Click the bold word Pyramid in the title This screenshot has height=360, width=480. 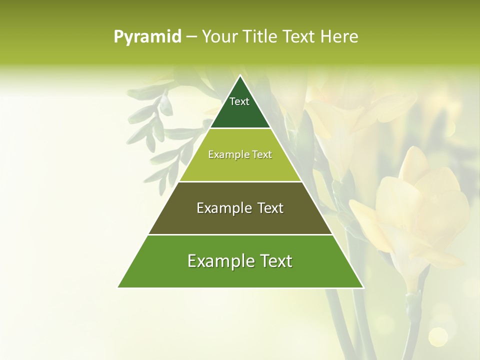(147, 37)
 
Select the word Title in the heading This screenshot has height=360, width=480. (260, 36)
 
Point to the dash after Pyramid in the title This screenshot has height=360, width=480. (191, 37)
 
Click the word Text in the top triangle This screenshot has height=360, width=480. (239, 101)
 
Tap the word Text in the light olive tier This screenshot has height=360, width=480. (262, 154)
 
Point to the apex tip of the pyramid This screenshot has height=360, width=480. (240, 76)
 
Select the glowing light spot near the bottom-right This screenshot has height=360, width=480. (438, 336)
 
